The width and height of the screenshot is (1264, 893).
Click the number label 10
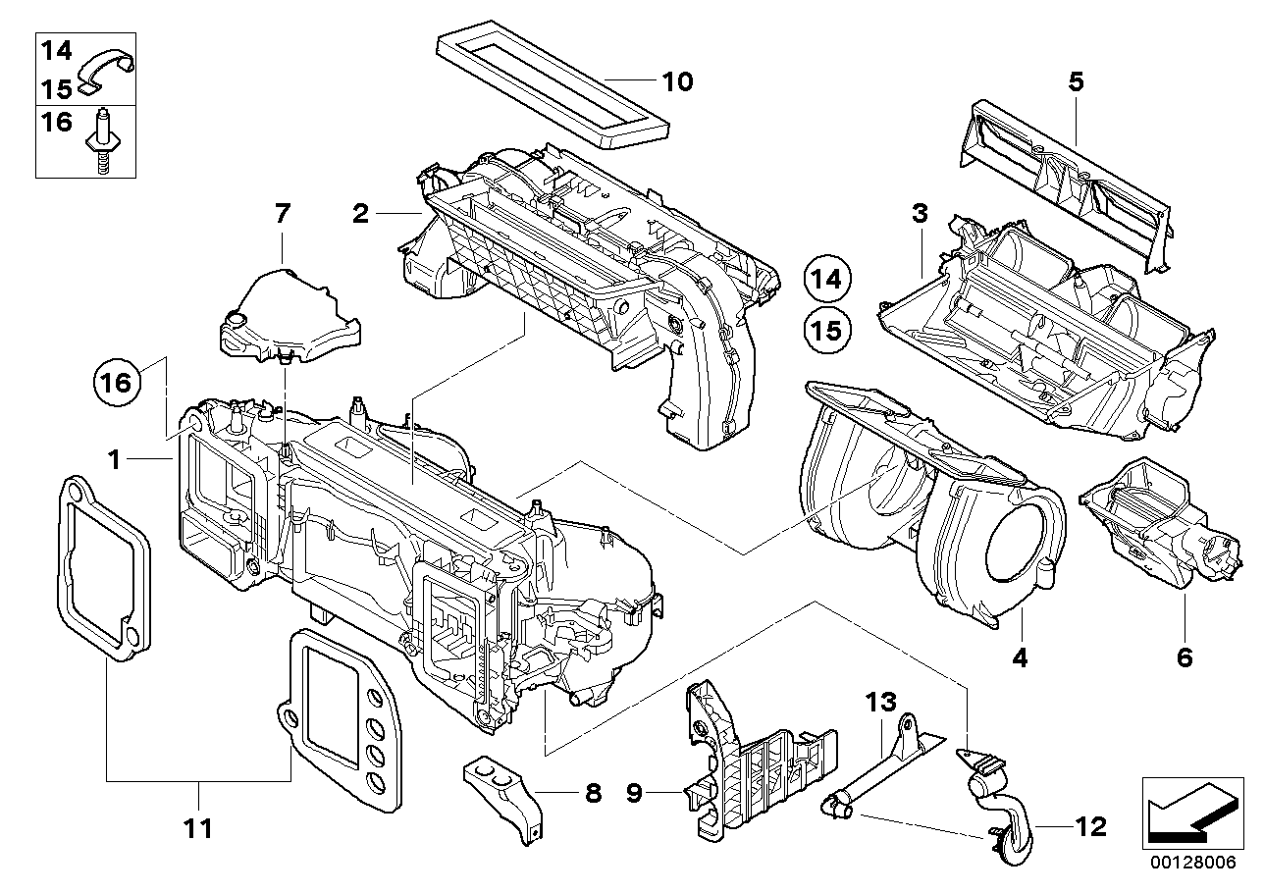tap(676, 80)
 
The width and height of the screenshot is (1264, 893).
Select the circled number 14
tap(826, 280)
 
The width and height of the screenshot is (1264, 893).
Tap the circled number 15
tap(826, 331)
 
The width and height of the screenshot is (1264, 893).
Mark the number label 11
tap(198, 829)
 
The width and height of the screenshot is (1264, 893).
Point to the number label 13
tap(880, 703)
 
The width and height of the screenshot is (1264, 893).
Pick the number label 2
tap(361, 212)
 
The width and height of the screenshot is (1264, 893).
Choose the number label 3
tap(919, 213)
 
